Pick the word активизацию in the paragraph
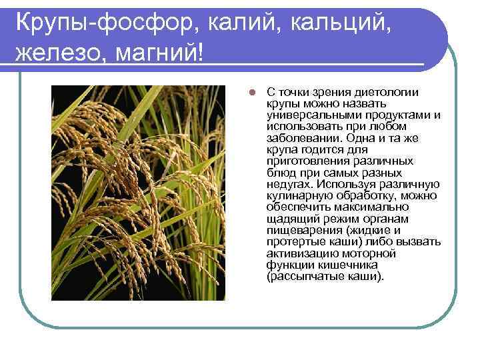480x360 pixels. (x=297, y=253)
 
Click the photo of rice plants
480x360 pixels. (x=139, y=193)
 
